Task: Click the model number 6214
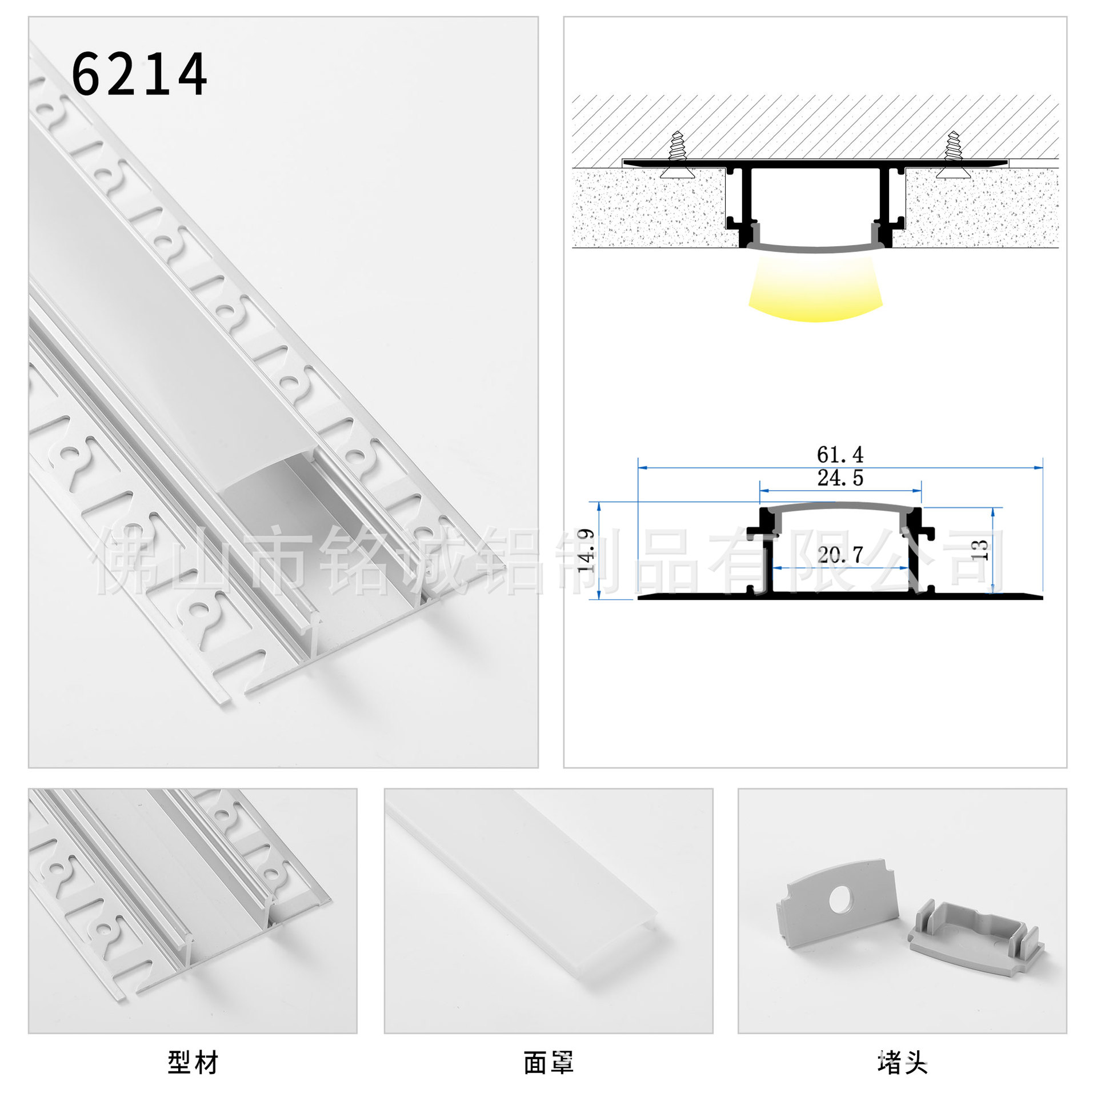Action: coord(139,74)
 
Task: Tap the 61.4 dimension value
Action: coord(840,455)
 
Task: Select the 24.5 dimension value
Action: coord(840,478)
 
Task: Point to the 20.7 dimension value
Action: coord(840,554)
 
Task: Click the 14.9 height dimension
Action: coord(586,550)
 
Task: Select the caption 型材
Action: coord(193,1063)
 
